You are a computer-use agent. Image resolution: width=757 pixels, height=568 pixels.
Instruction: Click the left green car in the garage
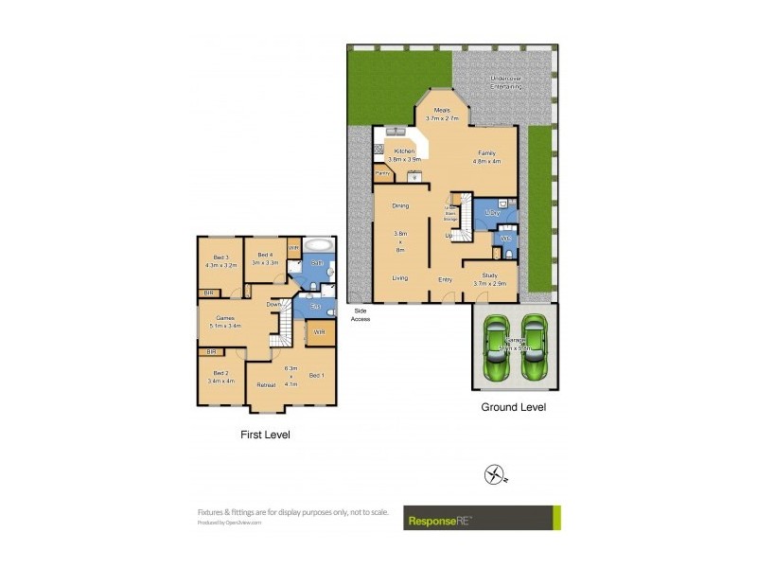tap(495, 346)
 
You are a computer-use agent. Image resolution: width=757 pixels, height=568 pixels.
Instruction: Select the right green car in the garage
tap(534, 346)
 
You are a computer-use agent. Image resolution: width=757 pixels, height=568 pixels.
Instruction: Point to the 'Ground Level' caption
tap(514, 407)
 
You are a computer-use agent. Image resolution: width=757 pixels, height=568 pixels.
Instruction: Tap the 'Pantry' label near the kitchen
tap(383, 173)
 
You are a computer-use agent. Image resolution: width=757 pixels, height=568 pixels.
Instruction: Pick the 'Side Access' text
tap(361, 314)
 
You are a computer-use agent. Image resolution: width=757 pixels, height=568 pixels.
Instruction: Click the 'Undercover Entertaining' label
tap(506, 81)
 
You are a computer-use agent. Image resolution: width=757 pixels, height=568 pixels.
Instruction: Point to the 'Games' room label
tap(225, 319)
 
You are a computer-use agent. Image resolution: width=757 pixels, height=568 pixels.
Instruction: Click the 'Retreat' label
tap(267, 385)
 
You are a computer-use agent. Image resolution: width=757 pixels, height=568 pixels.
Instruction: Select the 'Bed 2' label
tap(220, 374)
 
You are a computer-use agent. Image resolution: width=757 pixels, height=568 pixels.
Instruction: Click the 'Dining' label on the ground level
tap(400, 205)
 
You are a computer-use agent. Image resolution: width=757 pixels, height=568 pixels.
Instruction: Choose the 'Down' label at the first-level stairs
tap(274, 305)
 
